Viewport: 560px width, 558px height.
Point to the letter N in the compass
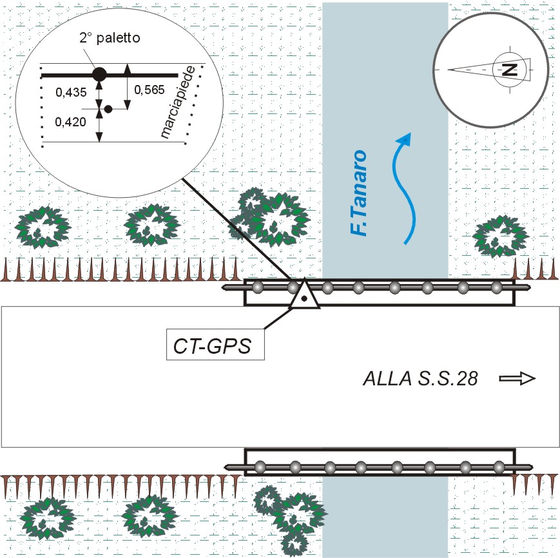point(509,69)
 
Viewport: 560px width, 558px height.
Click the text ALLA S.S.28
point(420,380)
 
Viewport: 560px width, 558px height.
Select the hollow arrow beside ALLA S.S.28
point(518,379)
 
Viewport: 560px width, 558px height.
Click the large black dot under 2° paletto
point(99,74)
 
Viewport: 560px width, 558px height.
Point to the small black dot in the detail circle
point(108,110)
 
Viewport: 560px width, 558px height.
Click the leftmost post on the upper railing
point(257,287)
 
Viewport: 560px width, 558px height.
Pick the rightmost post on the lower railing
point(498,465)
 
